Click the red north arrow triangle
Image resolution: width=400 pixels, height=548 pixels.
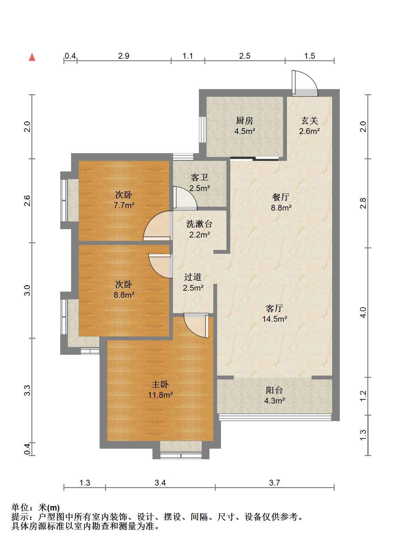point(32,57)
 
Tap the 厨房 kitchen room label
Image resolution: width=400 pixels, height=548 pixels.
point(244,120)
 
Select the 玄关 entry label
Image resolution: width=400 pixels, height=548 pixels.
point(309,120)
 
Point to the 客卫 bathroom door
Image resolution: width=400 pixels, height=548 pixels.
point(184,198)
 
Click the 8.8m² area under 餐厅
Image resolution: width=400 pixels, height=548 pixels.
point(281,208)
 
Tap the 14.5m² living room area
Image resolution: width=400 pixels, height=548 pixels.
point(274,319)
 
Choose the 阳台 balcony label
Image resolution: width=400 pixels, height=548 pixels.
point(274,390)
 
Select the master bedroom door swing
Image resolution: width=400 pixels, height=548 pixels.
point(196,325)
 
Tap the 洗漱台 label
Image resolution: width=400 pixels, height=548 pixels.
point(199,224)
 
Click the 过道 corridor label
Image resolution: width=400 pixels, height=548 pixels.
point(193,277)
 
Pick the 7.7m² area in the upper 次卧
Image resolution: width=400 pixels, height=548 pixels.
point(124,205)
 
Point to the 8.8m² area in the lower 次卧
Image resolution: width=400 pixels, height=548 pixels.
point(124,295)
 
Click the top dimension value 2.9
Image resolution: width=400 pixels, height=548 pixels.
point(124,56)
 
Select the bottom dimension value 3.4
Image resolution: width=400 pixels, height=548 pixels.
point(160,483)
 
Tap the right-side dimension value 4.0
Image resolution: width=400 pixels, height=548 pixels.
point(363,312)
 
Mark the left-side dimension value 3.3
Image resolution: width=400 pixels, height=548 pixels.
point(27,390)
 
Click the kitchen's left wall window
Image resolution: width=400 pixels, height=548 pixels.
point(202,129)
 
